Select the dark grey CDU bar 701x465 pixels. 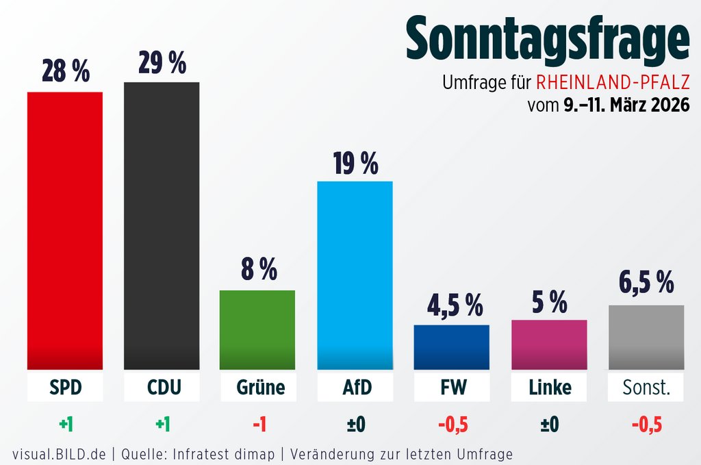[162, 226]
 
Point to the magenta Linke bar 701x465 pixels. [549, 344]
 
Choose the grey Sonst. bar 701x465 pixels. [646, 338]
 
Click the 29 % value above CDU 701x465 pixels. [162, 63]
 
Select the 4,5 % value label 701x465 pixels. [452, 305]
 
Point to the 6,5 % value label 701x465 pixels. [646, 282]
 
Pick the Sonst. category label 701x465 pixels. [646, 388]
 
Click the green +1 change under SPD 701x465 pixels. [66, 425]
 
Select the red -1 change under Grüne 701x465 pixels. [258, 425]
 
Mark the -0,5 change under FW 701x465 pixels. [452, 425]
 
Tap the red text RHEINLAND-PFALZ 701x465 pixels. [613, 84]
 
